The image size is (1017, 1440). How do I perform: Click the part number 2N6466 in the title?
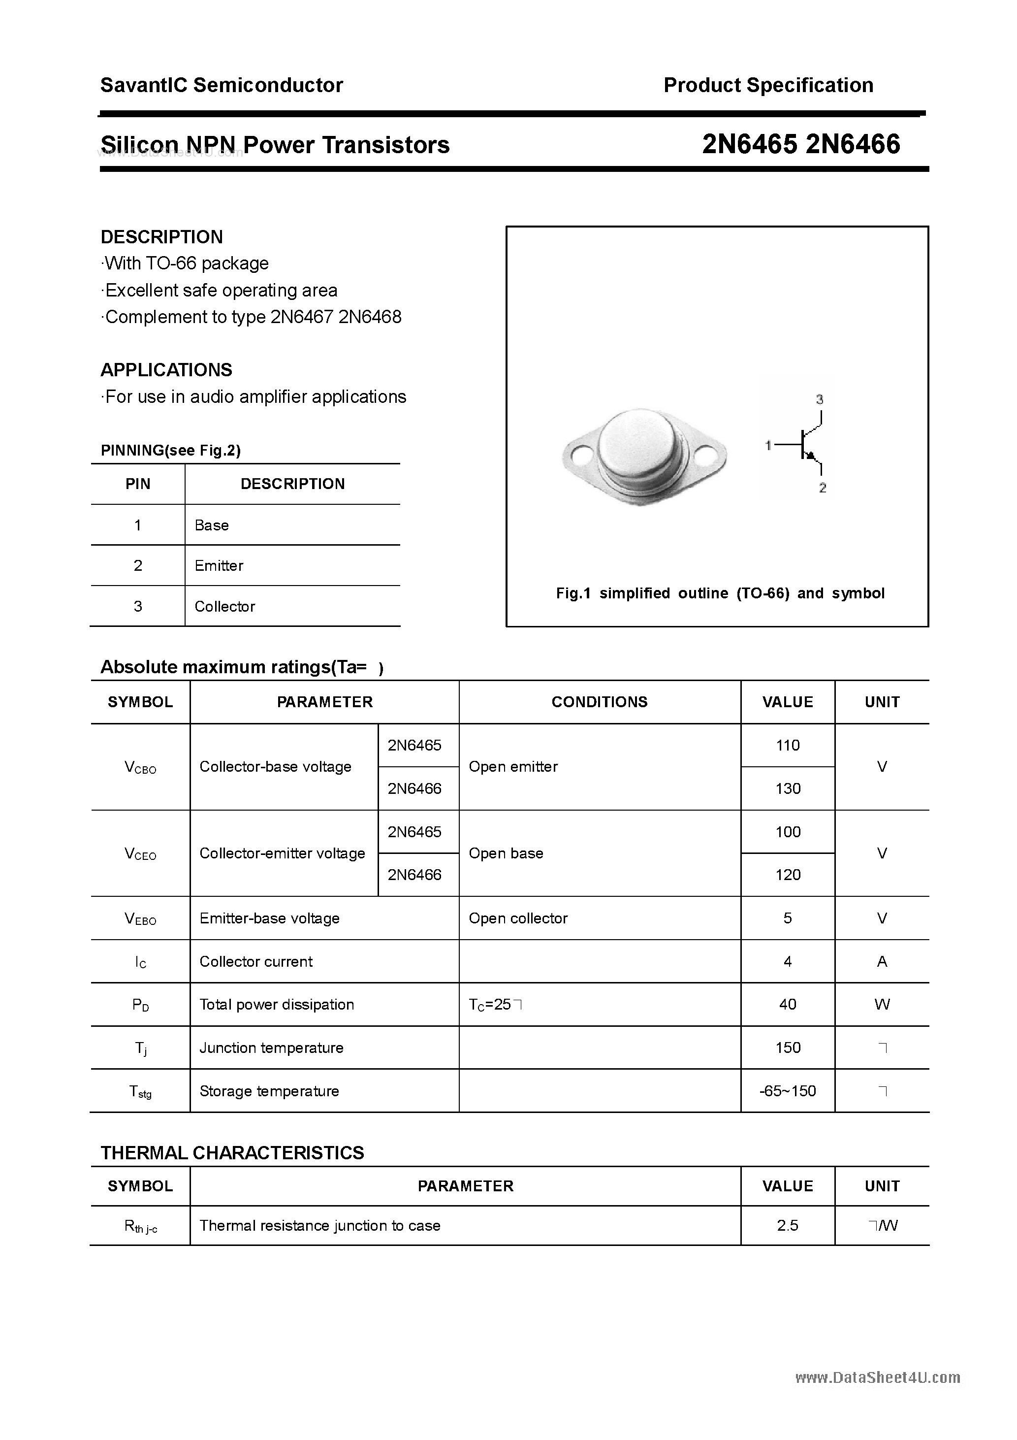pos(854,145)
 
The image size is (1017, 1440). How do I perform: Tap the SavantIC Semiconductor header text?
pos(222,85)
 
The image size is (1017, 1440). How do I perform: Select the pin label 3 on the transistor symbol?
pos(820,399)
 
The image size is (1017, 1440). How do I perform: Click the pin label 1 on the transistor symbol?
pos(768,445)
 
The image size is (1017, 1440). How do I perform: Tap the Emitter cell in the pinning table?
pos(219,566)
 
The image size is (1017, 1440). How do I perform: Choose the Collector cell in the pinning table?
pos(224,606)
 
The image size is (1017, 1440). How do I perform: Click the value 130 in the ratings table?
pos(788,788)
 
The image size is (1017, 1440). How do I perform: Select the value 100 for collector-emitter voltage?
pos(788,832)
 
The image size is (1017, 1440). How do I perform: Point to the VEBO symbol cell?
pos(140,919)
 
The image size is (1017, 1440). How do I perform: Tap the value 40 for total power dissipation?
pos(788,1004)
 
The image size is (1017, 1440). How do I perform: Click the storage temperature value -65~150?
pos(788,1091)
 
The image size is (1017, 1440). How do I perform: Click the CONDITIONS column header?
pos(600,702)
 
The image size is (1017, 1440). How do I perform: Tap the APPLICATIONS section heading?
pos(166,370)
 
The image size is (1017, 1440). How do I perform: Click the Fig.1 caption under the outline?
pos(720,593)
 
